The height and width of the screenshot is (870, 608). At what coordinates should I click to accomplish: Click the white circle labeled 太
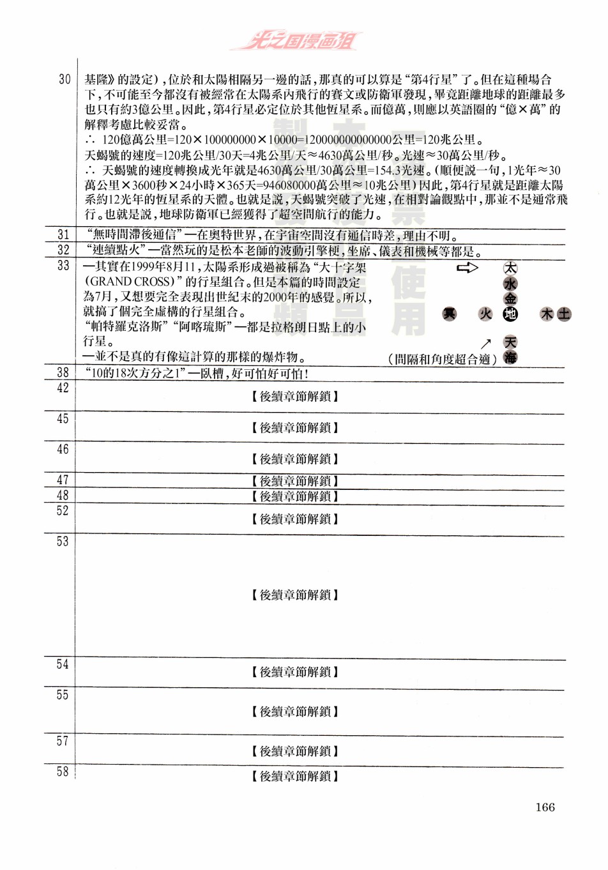(510, 268)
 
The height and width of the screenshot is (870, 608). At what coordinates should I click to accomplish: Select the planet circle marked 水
(510, 284)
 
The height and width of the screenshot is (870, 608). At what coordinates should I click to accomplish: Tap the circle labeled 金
(510, 298)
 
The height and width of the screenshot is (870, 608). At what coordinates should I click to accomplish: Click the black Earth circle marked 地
(510, 314)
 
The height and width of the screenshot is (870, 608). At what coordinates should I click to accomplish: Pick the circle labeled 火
(486, 314)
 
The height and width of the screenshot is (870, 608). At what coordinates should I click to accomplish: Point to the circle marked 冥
(450, 314)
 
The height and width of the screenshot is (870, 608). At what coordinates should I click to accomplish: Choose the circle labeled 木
(547, 314)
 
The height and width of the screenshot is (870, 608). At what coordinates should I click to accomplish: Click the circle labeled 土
(563, 314)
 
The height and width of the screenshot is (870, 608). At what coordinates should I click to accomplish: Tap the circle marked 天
(510, 342)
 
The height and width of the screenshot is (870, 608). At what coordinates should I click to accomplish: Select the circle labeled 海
(510, 357)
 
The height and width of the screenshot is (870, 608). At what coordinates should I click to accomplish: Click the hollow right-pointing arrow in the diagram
(467, 268)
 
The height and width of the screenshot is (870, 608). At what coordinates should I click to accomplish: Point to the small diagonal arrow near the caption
(486, 343)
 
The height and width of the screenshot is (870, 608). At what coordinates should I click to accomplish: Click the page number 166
(545, 807)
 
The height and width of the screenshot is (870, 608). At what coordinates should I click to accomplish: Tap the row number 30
(65, 79)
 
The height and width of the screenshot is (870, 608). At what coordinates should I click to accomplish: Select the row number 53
(63, 542)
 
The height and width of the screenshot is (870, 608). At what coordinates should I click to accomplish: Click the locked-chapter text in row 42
(295, 397)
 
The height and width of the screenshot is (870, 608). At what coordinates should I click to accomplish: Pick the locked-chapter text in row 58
(295, 776)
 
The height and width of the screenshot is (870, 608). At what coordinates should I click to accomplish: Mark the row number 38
(63, 372)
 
